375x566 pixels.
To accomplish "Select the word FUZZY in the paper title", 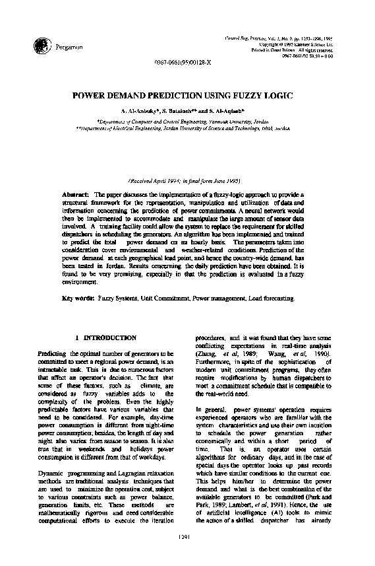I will coord(243,96).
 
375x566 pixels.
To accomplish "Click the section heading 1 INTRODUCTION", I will coord(106,337).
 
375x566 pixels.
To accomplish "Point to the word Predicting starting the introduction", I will coord(53,355).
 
